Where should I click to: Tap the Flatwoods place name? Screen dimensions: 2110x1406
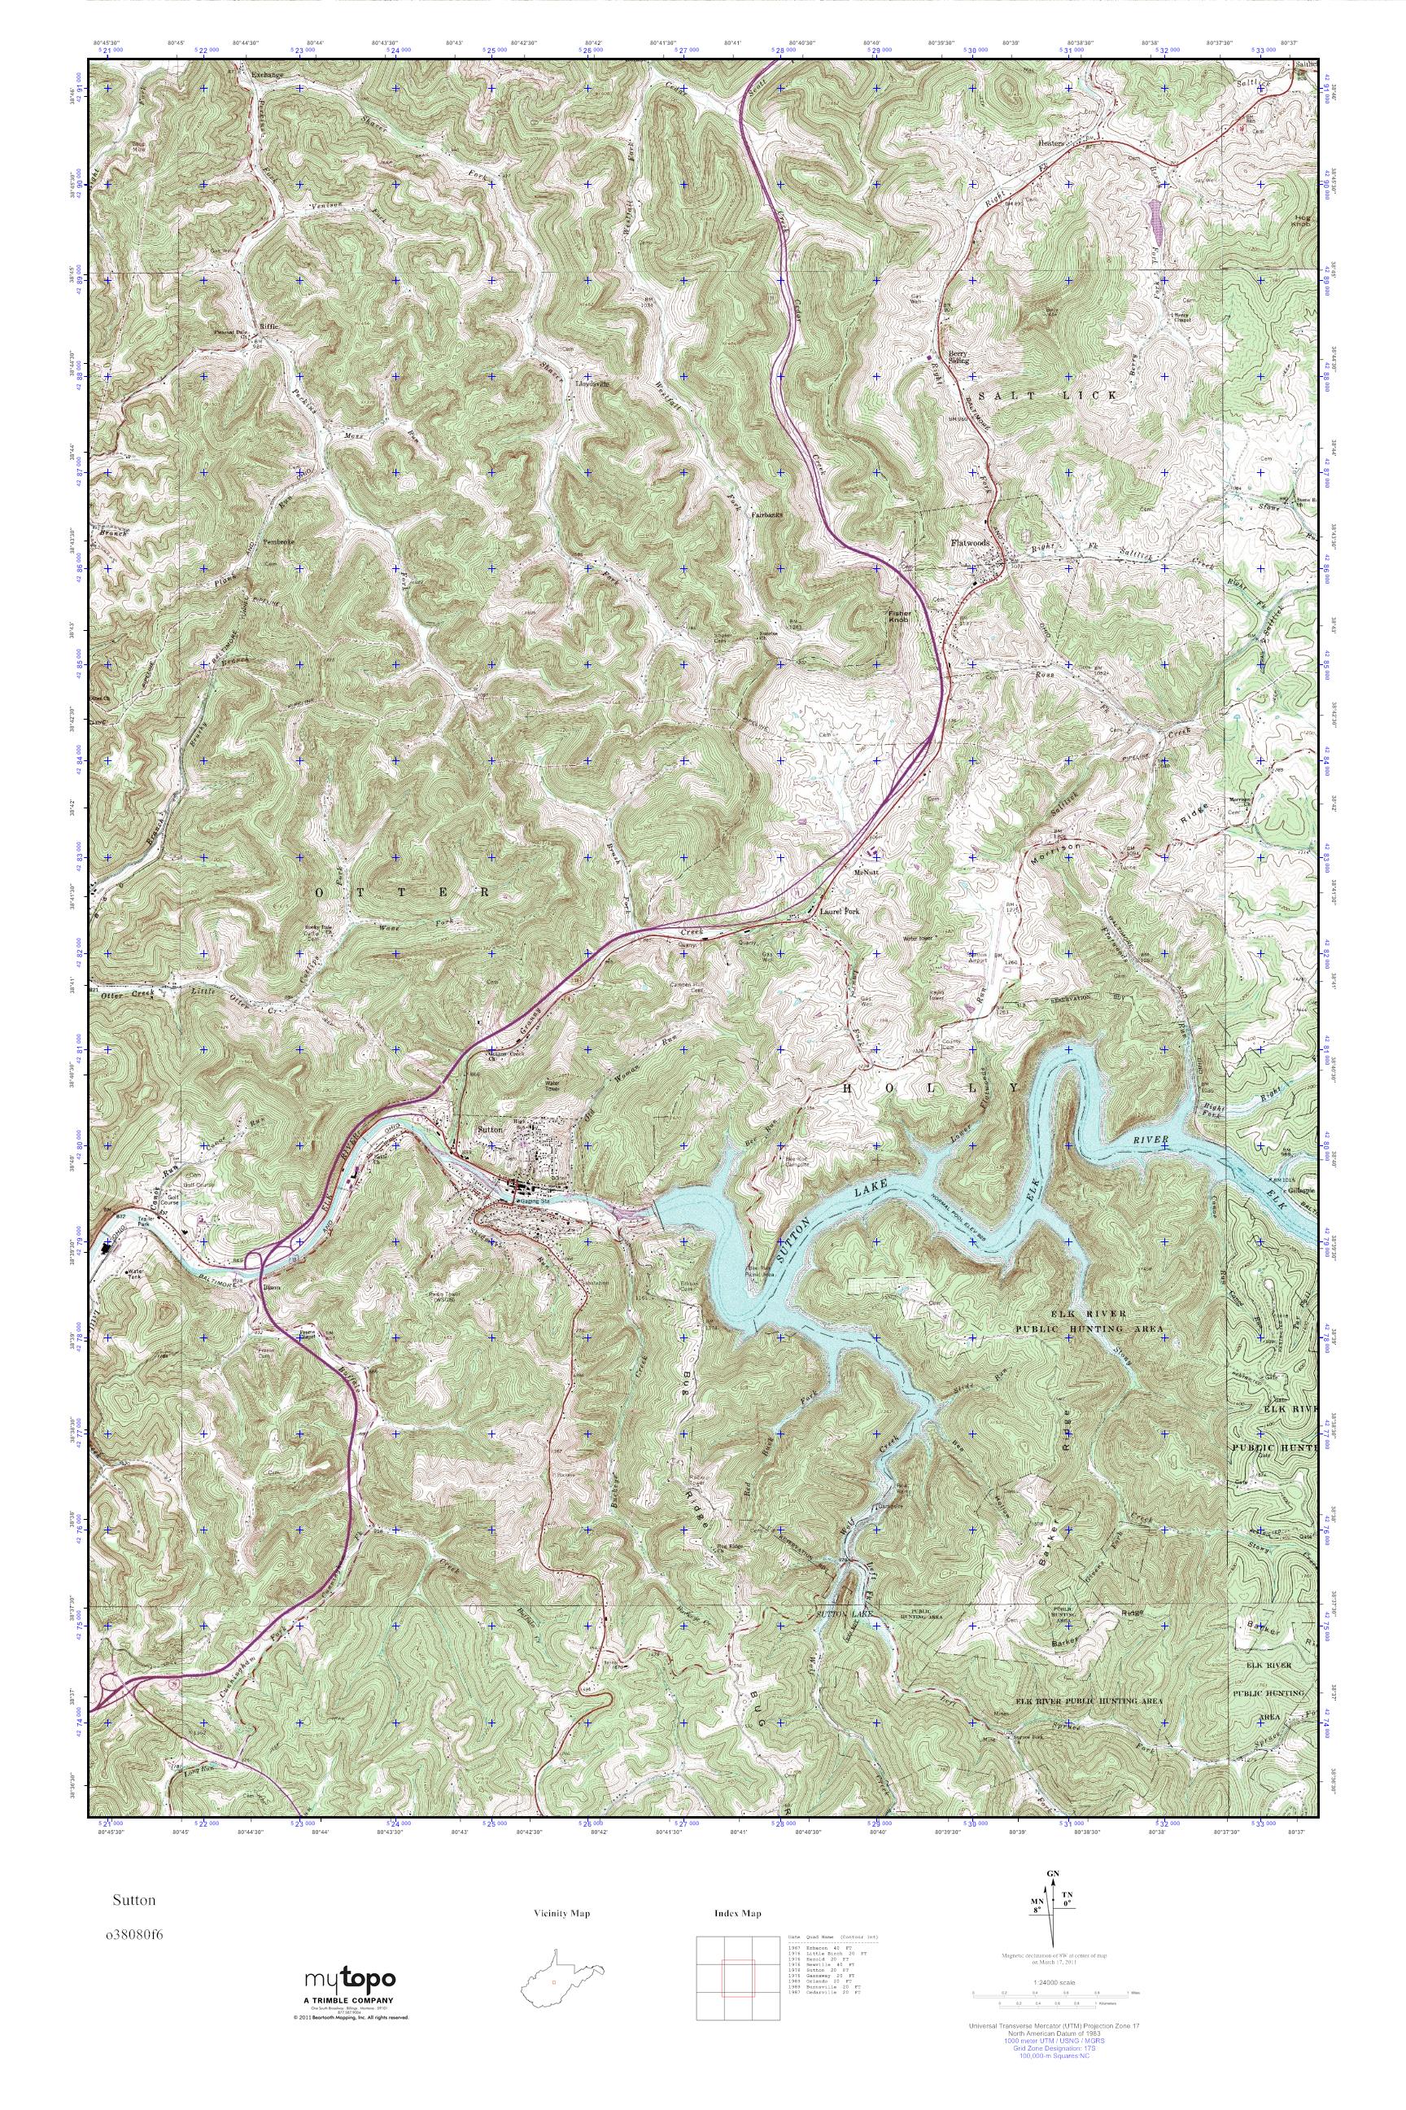pos(972,544)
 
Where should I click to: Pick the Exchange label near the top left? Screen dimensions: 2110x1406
pos(266,76)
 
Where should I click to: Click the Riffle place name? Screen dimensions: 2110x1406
pos(269,326)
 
